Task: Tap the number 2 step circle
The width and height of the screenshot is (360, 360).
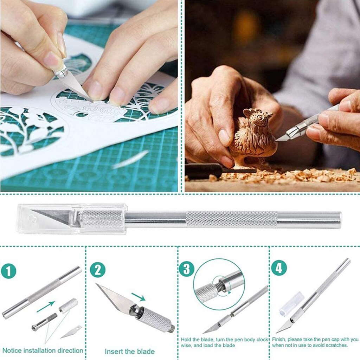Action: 97,270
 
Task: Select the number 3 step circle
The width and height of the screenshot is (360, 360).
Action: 186,269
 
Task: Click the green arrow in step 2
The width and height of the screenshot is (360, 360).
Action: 139,297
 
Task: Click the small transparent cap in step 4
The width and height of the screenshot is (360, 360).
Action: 291,303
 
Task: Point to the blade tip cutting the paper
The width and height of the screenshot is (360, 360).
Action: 90,99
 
